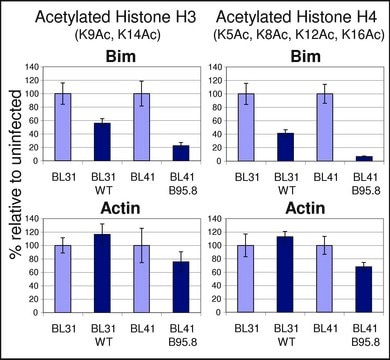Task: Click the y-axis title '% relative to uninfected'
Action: pos(16,174)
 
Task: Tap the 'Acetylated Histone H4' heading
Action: pos(297,17)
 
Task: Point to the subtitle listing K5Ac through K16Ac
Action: pos(299,35)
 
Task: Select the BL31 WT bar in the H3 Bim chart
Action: pos(102,142)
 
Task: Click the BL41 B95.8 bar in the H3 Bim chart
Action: pos(181,153)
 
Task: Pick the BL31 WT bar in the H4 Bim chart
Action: pos(286,147)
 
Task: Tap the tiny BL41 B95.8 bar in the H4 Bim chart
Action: pos(364,159)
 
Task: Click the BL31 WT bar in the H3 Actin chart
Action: pos(102,273)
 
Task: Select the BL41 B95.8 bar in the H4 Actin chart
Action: pos(364,290)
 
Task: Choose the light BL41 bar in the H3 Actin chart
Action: pos(142,279)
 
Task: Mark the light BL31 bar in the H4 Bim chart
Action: pos(246,127)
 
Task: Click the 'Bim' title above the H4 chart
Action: pos(306,56)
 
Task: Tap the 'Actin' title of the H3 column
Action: pos(120,208)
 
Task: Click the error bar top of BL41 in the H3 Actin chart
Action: pos(142,228)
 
